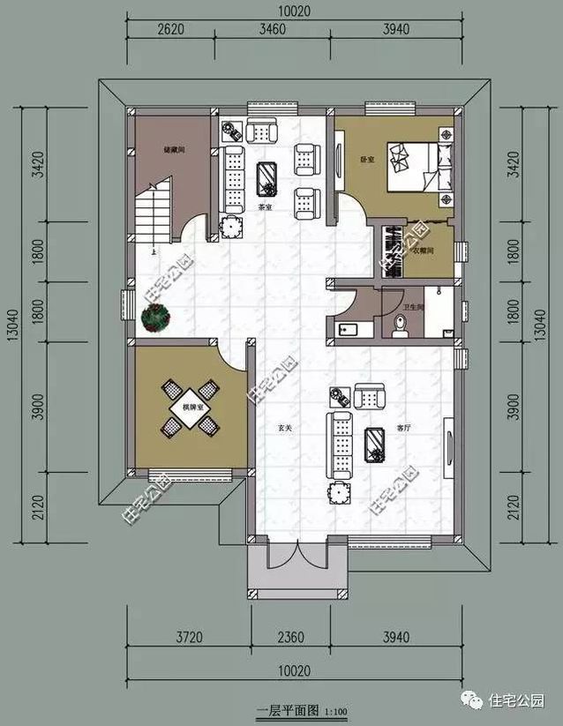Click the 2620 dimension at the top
pyautogui.click(x=170, y=28)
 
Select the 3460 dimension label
pyautogui.click(x=274, y=28)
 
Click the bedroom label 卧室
pyautogui.click(x=367, y=160)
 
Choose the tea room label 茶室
pyautogui.click(x=264, y=208)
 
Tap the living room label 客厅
pyautogui.click(x=406, y=427)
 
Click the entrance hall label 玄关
pyautogui.click(x=284, y=428)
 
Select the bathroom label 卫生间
pyautogui.click(x=414, y=307)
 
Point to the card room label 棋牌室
pyautogui.click(x=192, y=408)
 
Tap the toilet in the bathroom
pyautogui.click(x=400, y=327)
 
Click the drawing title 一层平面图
pyautogui.click(x=287, y=710)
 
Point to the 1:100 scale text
pyautogui.click(x=335, y=711)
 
